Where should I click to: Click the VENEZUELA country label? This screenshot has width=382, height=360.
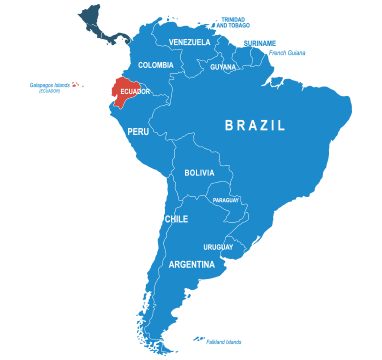coord(190,42)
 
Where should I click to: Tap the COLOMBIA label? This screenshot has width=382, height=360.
coord(156,65)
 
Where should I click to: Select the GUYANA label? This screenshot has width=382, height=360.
coord(223,67)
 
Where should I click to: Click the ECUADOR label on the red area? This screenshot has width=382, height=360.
coord(134,91)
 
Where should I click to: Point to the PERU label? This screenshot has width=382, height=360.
coord(138,131)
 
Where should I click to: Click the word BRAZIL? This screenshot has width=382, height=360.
coord(255,125)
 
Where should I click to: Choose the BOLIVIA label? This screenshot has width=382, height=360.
coord(199,173)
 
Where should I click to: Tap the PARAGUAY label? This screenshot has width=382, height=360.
coord(226,200)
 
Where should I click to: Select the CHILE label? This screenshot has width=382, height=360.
coord(176,219)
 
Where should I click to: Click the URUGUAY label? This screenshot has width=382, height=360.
coord(218,247)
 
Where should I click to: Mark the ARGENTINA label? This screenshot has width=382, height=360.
coord(191,265)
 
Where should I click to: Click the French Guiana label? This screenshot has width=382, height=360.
coord(288,53)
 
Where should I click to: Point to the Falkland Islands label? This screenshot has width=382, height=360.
coord(224,342)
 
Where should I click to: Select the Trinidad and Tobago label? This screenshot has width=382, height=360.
coord(232,20)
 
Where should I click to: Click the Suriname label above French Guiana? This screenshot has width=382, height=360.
coord(259,42)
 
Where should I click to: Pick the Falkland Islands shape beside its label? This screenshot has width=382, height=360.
coord(200,338)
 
